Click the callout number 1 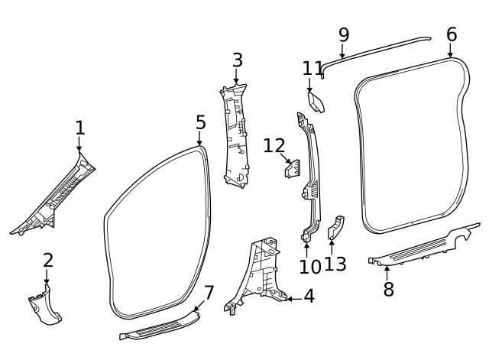tap(79, 128)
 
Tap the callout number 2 tap(47, 260)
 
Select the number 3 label tap(237, 60)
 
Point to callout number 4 tap(309, 297)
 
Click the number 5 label tap(200, 122)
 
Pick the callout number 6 tap(452, 34)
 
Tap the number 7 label tap(209, 292)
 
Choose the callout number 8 tap(388, 290)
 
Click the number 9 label tap(343, 34)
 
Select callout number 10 tap(309, 267)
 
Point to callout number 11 tap(313, 68)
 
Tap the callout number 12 tap(274, 145)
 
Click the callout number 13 tap(335, 264)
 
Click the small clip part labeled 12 tap(292, 169)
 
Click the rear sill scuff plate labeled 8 tap(420, 249)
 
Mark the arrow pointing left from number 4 tap(291, 298)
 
